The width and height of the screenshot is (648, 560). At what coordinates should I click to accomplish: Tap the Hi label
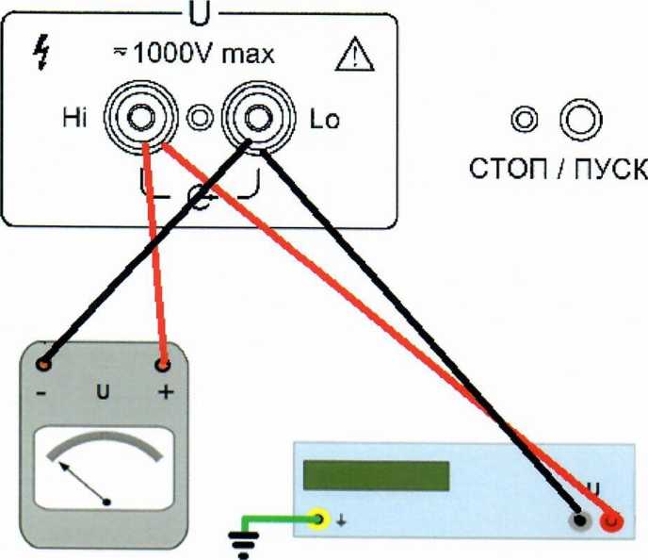coord(72,120)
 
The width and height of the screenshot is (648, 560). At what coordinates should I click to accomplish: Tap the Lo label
coord(324,121)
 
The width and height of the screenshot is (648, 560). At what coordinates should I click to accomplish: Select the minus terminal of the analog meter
coord(42,364)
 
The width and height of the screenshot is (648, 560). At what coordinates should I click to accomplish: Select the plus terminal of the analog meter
coord(165,364)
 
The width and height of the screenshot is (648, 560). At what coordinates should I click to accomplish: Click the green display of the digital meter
coord(376,474)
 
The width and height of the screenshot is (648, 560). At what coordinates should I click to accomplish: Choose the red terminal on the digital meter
coord(614,519)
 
